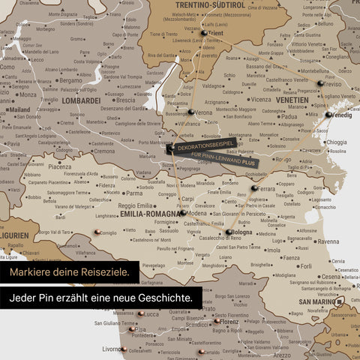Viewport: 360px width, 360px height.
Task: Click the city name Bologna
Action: tap(241, 232)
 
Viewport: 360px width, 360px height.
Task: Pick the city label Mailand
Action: tap(18, 109)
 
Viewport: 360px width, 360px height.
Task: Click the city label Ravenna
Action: tap(328, 241)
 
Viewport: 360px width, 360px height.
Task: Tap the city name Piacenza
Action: tap(60, 166)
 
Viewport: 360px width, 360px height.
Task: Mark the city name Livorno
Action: tap(112, 349)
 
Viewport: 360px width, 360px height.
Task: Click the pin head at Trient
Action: tap(203, 34)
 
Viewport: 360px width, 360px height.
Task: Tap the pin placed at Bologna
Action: tap(229, 232)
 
